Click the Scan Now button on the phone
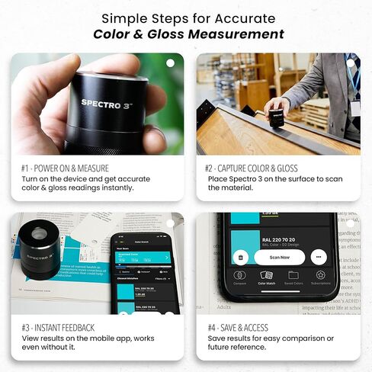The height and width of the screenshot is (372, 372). [280, 257]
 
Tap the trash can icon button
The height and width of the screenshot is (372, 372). [241, 257]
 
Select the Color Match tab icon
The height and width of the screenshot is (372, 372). [266, 277]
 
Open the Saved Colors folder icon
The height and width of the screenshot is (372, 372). [293, 277]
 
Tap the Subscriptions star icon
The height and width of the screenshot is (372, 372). [320, 277]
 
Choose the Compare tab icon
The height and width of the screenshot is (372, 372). [239, 277]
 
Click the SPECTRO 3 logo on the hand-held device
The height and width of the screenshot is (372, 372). [106, 102]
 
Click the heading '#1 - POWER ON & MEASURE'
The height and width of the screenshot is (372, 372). [66, 168]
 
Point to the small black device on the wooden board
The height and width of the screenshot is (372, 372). [275, 114]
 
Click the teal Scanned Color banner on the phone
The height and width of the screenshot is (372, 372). [142, 258]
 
